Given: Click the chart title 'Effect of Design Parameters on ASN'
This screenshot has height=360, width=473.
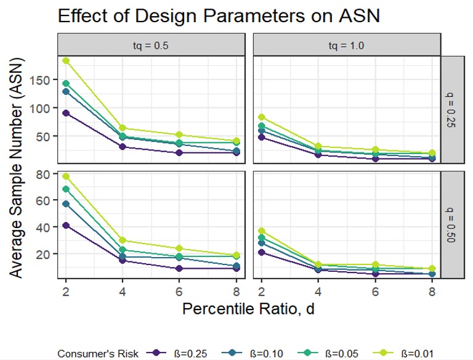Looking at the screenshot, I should pyautogui.click(x=218, y=16).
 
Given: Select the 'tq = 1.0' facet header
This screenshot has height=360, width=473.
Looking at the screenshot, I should pyautogui.click(x=347, y=44).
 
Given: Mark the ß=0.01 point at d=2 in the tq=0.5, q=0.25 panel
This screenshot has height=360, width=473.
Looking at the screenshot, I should pyautogui.click(x=66, y=60).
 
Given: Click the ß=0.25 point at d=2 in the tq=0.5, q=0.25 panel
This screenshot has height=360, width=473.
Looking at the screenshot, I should pyautogui.click(x=66, y=113).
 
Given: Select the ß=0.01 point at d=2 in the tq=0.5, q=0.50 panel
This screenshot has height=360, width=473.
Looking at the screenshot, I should pyautogui.click(x=66, y=176).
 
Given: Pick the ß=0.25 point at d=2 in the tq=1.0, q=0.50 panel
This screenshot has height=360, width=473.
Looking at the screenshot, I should pyautogui.click(x=262, y=252).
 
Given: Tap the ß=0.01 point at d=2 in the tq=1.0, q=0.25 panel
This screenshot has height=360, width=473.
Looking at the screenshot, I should pyautogui.click(x=262, y=117).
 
